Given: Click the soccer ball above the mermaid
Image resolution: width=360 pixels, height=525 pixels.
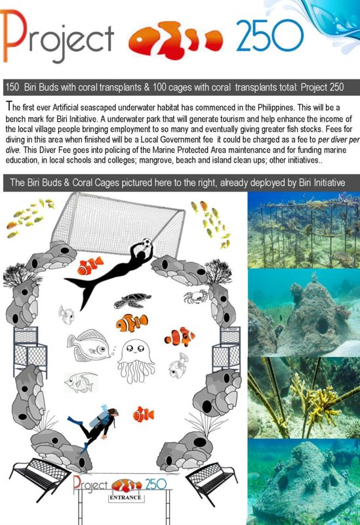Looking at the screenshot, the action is click(x=146, y=242).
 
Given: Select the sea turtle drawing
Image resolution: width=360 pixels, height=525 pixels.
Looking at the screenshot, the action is click(x=132, y=301).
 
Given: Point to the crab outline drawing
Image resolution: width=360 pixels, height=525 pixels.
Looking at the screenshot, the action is click(x=196, y=297).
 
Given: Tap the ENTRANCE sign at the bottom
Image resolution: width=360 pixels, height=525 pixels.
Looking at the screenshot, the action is click(x=125, y=497).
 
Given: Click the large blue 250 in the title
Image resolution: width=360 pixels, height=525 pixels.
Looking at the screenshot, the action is click(x=270, y=35).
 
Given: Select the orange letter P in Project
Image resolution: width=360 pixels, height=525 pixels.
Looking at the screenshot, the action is click(x=14, y=35).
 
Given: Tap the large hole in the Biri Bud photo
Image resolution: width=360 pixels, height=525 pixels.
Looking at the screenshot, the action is click(x=322, y=325).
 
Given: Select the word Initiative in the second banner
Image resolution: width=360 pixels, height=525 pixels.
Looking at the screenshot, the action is click(x=329, y=182).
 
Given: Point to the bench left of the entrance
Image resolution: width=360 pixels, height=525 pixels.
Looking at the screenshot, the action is click(x=39, y=474).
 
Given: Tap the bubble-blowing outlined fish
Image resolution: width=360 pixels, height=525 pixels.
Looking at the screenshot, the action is click(x=89, y=345).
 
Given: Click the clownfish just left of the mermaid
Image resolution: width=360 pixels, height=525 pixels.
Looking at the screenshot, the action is click(x=90, y=265).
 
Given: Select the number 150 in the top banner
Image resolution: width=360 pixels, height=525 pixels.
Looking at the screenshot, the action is click(x=12, y=87).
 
